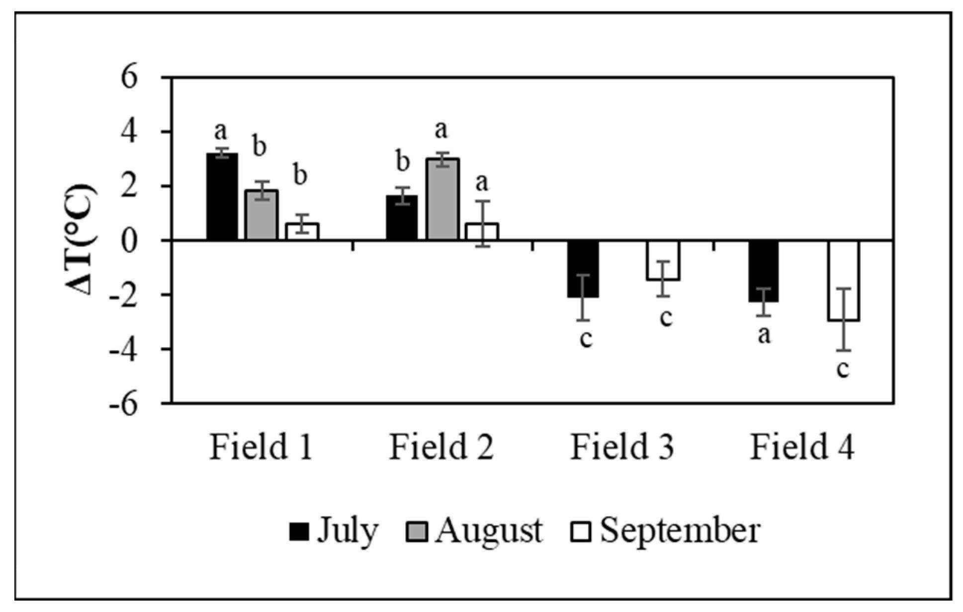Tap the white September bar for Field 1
(x=301, y=231)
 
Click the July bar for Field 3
(x=583, y=269)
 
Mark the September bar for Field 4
(x=843, y=281)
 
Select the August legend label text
(x=489, y=531)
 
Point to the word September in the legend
(x=680, y=531)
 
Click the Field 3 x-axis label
(x=622, y=447)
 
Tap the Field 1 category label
(x=261, y=447)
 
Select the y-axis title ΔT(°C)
(x=80, y=239)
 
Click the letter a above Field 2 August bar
(x=441, y=130)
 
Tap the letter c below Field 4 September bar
(x=843, y=370)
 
